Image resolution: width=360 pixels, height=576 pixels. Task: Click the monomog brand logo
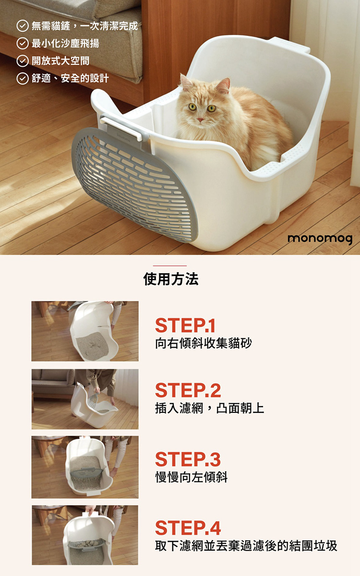(320, 239)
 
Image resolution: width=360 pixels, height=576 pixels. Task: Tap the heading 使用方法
(171, 279)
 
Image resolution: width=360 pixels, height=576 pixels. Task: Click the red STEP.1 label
(185, 325)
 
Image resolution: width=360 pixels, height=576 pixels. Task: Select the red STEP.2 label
(188, 390)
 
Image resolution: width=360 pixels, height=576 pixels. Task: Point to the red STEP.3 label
(188, 459)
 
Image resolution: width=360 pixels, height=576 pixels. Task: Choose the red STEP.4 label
(188, 528)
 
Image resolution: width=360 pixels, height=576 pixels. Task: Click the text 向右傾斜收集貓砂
(204, 343)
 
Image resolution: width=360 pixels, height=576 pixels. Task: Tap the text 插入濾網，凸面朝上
(210, 408)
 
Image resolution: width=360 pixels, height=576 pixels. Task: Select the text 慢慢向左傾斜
(192, 477)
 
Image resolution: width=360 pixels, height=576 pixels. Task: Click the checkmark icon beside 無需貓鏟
(23, 26)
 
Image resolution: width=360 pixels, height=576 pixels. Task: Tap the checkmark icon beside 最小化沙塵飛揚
(23, 44)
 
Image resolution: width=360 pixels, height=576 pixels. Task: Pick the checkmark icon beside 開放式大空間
(23, 61)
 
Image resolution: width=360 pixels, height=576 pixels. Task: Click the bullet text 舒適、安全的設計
(70, 78)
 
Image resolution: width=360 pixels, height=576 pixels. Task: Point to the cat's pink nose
(200, 120)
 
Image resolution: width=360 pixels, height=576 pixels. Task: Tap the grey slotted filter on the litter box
(134, 185)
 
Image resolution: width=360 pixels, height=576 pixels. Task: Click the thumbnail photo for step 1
(85, 331)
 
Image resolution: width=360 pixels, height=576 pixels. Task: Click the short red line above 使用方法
(170, 265)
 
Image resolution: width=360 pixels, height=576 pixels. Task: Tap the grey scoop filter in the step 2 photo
(93, 401)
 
